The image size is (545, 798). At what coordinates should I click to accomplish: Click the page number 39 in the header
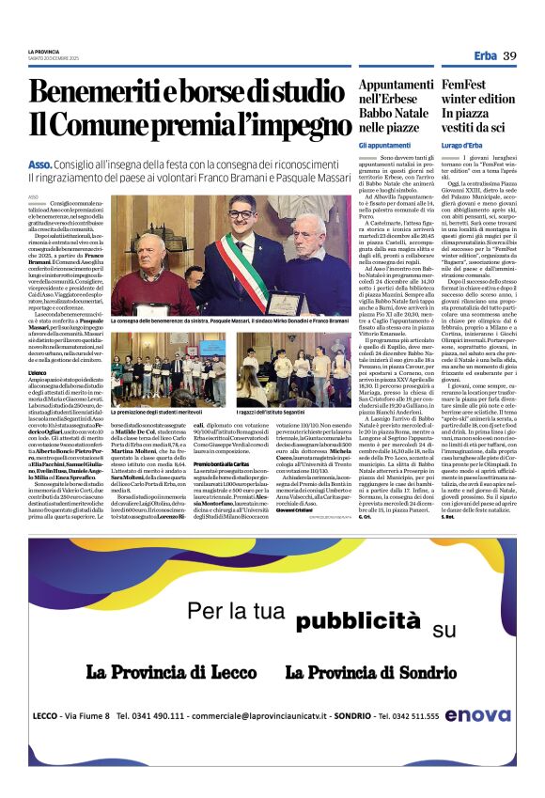tap(510, 56)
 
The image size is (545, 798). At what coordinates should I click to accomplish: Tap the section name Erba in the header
tap(486, 56)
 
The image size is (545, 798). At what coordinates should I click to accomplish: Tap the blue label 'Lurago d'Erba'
tap(463, 145)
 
